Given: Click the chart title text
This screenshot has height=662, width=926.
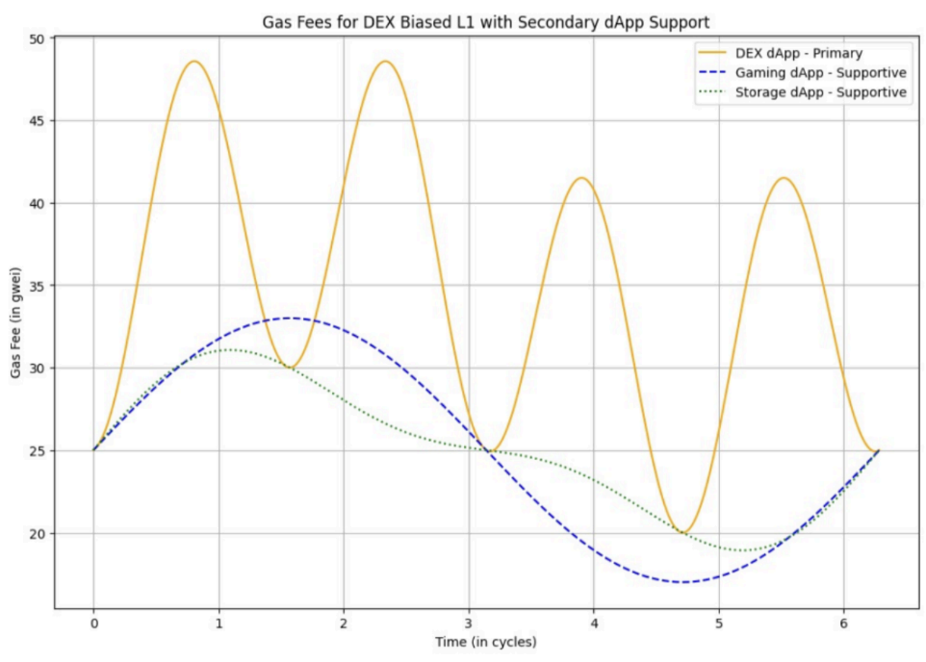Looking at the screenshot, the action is tap(485, 22).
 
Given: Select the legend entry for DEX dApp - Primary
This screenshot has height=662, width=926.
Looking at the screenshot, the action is tap(798, 53).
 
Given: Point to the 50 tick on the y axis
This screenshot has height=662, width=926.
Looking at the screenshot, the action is tap(37, 39).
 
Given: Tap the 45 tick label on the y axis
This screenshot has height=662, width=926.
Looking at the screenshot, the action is tap(37, 121).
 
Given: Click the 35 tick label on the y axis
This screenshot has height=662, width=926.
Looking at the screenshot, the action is tap(37, 286).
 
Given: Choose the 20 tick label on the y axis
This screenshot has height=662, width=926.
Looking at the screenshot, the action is tap(37, 534).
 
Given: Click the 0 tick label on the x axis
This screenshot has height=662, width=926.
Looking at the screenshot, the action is tap(94, 624).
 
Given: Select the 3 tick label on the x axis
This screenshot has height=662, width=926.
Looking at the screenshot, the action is tap(469, 624).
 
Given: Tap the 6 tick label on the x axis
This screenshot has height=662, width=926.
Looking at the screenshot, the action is tap(844, 624).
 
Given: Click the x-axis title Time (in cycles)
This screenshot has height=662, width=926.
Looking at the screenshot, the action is tap(485, 642).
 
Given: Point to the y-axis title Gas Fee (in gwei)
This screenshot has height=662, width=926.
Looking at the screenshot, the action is tap(15, 322).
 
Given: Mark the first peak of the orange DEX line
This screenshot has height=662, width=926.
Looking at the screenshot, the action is tap(193, 62).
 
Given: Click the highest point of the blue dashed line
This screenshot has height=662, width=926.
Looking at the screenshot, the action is tap(289, 318).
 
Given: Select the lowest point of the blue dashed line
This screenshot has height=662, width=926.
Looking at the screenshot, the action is tap(683, 582).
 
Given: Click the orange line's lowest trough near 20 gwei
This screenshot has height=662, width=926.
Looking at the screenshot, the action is tap(683, 533).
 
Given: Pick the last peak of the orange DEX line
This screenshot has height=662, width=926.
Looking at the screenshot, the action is tap(784, 178).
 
